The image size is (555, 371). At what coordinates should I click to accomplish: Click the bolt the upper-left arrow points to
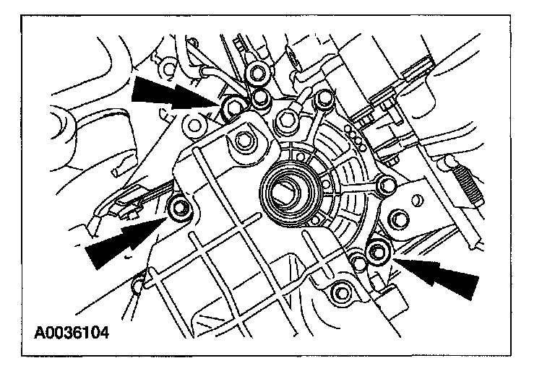pos(233,109)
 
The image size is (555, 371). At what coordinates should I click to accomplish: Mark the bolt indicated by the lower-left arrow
pos(178,209)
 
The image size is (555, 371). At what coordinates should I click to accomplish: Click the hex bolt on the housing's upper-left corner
pos(240,139)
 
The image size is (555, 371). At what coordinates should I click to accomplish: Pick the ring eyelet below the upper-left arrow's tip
pos(194,126)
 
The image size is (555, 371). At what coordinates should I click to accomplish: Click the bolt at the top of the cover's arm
pos(324,98)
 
